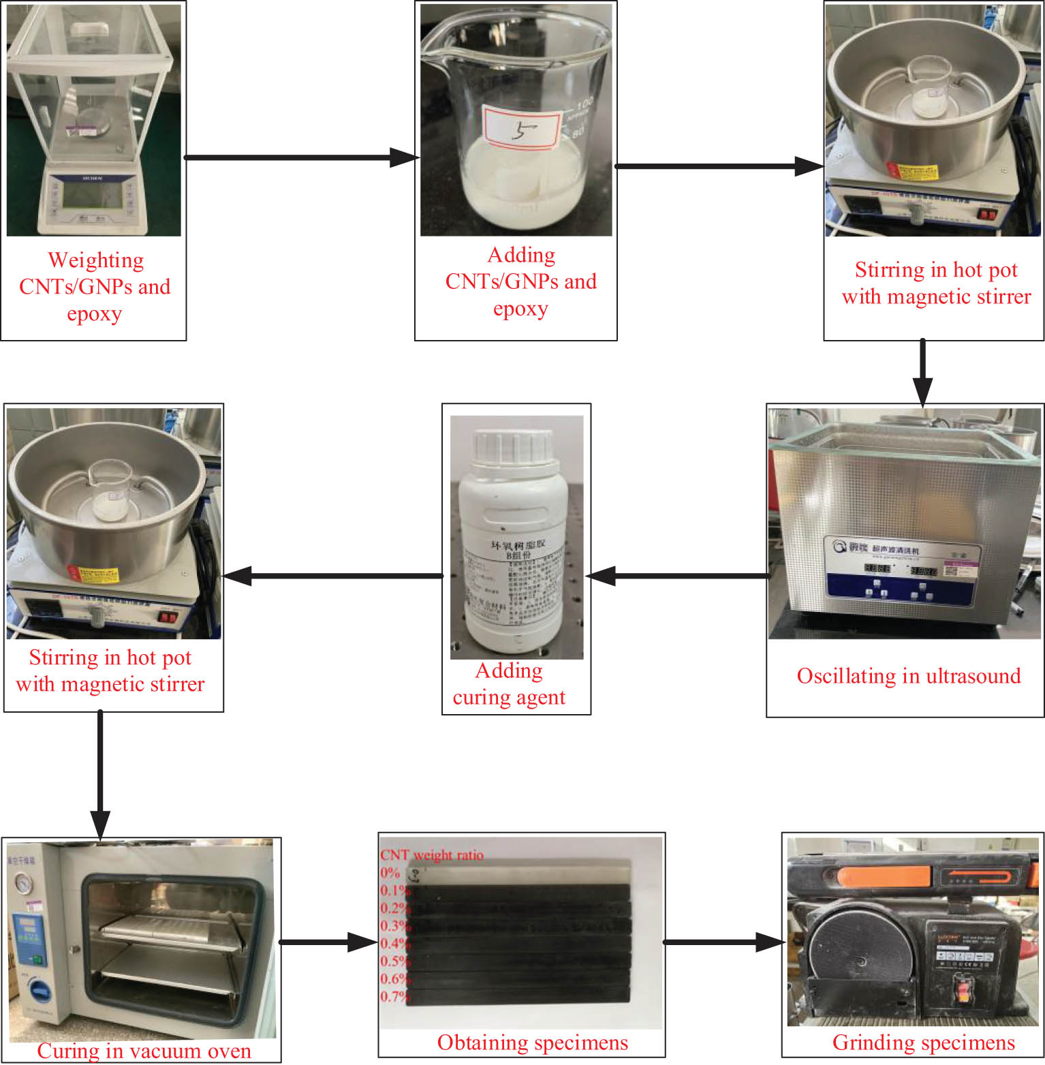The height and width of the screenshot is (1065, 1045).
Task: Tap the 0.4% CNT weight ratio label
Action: [x=394, y=944]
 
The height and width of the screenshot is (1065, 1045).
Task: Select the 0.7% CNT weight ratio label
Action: [x=394, y=997]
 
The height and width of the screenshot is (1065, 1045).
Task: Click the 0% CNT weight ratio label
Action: [x=390, y=873]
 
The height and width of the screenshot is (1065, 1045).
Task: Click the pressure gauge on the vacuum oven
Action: [x=25, y=884]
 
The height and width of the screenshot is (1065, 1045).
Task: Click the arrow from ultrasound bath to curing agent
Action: [x=679, y=576]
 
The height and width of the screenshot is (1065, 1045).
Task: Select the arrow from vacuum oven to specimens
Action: [x=328, y=942]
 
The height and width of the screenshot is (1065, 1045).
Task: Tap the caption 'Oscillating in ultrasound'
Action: [x=909, y=676]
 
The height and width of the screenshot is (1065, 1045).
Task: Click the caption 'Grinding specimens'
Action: [x=923, y=1043]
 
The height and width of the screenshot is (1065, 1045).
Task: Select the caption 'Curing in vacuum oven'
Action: [x=144, y=1051]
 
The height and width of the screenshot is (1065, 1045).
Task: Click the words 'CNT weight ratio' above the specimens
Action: [x=432, y=855]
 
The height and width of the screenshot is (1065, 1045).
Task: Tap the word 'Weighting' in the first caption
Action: [x=96, y=260]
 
